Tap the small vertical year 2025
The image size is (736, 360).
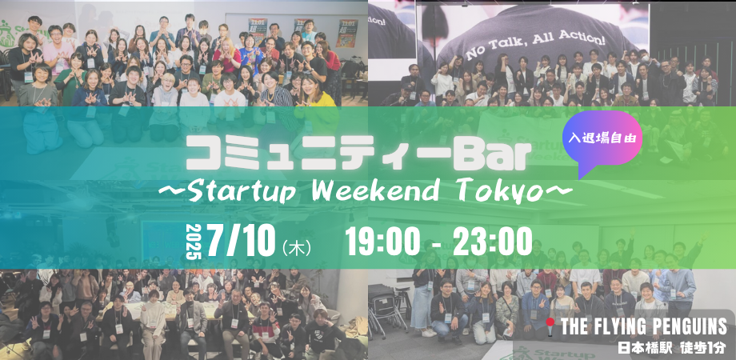pyautogui.click(x=194, y=242)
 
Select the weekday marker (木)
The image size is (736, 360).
pyautogui.click(x=297, y=248)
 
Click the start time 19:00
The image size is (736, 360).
pyautogui.click(x=382, y=242)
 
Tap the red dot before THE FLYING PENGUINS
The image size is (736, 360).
pyautogui.click(x=550, y=322)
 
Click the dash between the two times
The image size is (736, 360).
pyautogui.click(x=437, y=244)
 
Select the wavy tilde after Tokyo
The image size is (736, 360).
pyautogui.click(x=558, y=190)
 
